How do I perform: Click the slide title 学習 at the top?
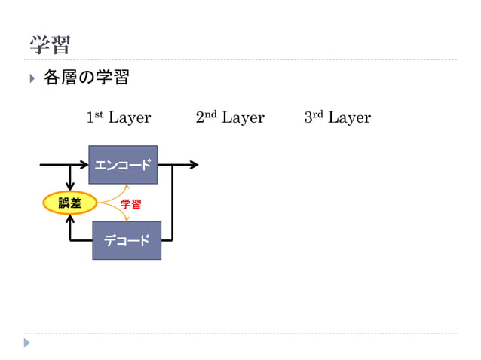coord(50,44)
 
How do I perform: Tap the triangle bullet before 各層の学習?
coord(32,78)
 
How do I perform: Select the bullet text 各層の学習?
coord(86,78)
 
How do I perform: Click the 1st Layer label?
coord(118,117)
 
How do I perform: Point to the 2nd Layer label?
coord(230,117)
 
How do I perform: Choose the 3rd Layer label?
coord(337,117)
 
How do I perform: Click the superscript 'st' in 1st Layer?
coord(99,114)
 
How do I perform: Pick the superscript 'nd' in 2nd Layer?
coord(210,114)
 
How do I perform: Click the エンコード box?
coord(123,165)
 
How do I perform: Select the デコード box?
coord(127,240)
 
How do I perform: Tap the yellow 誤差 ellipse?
coord(70,203)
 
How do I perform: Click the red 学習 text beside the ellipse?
coord(131,204)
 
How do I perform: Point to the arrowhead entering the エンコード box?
coord(84,164)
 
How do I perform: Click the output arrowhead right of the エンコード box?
coord(194,164)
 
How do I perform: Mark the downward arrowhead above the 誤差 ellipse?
coord(70,185)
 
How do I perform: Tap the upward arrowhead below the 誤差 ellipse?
coord(70,219)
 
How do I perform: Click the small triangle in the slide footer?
coord(27,343)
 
